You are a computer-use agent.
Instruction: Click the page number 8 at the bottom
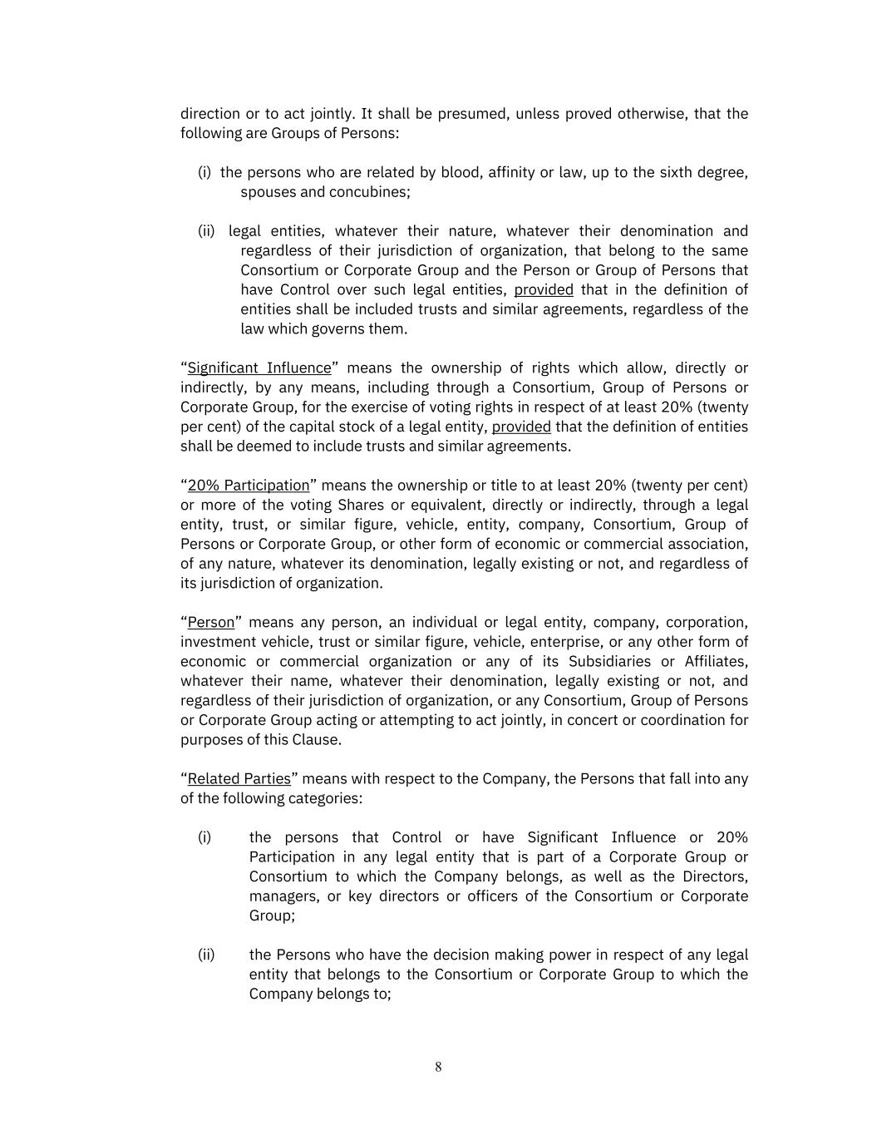tap(438, 1067)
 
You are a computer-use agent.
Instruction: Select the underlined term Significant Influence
tap(259, 368)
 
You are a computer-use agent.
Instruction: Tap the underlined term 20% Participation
tap(249, 485)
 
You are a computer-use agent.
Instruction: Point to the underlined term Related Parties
tap(239, 778)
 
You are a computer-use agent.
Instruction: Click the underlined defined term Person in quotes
tap(211, 622)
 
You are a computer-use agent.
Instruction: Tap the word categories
tap(325, 798)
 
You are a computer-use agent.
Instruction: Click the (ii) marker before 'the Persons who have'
tap(206, 955)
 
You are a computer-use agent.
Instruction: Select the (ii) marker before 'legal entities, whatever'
tap(206, 230)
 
